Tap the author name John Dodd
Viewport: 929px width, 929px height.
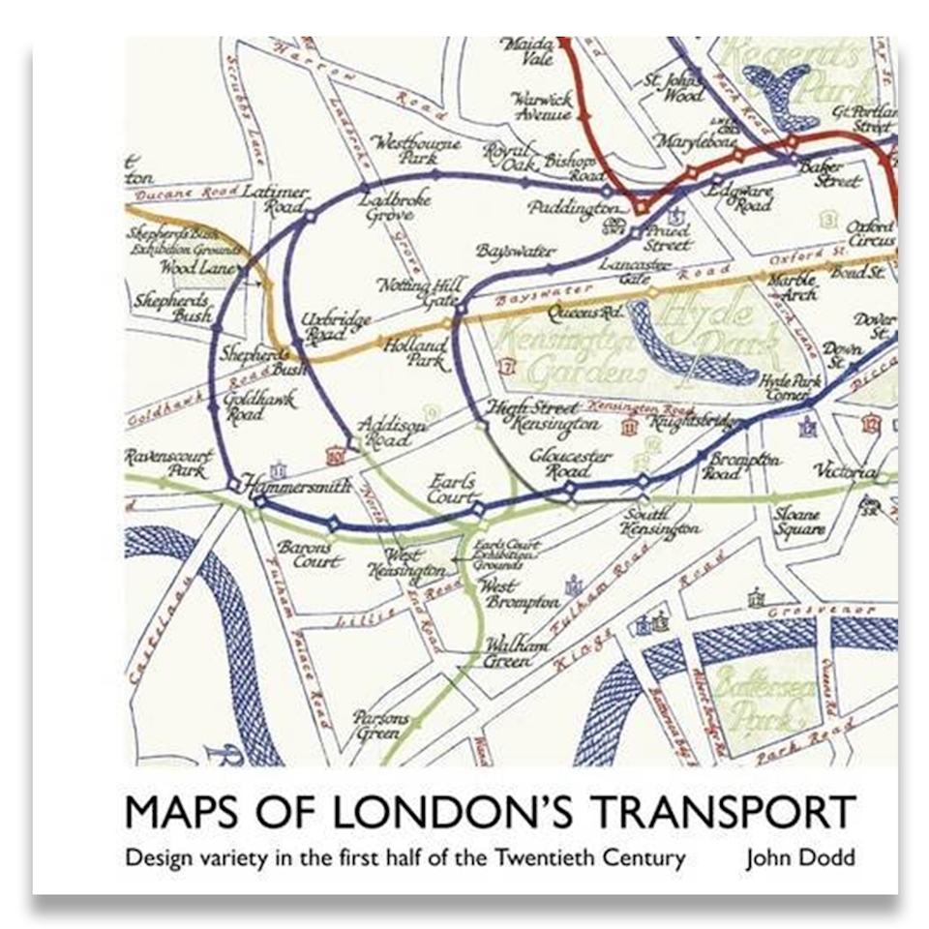797,857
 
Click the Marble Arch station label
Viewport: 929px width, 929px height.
792,287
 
